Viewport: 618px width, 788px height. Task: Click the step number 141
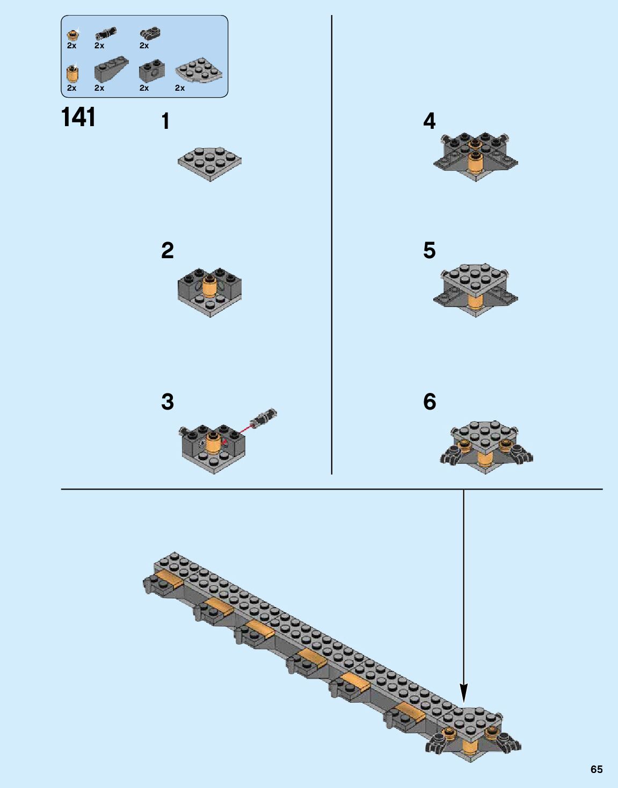(x=78, y=117)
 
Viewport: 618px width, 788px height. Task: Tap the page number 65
(x=596, y=769)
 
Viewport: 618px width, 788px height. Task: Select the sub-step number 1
(x=165, y=122)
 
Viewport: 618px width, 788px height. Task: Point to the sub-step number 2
(x=167, y=251)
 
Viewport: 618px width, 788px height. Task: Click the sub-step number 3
(x=167, y=402)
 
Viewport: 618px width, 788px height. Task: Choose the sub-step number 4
(x=429, y=121)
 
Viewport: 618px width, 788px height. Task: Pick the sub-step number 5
(x=429, y=251)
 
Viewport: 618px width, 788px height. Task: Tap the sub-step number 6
(x=430, y=402)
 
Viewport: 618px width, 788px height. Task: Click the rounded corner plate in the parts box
(x=199, y=71)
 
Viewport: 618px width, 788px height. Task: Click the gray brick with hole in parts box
(x=151, y=71)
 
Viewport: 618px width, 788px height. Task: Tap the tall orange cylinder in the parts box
(x=72, y=73)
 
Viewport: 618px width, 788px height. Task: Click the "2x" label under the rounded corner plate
(x=180, y=88)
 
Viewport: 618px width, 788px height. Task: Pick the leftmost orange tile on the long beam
(x=167, y=580)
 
